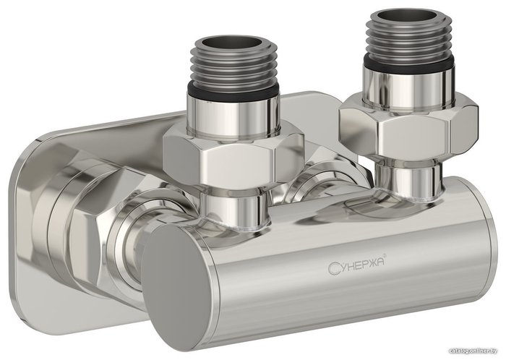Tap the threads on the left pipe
click(x=232, y=69)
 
